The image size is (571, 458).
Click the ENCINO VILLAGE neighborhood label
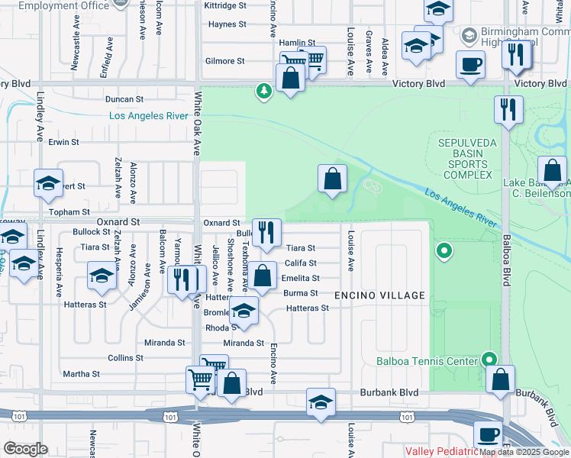(379, 295)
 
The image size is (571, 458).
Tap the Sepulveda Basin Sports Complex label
(464, 159)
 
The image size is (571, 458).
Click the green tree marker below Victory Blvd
(264, 92)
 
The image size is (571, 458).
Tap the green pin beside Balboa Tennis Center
(489, 360)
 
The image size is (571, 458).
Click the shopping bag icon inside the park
(332, 179)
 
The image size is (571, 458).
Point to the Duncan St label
(124, 99)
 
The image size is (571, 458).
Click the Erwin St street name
(63, 142)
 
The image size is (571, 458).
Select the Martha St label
(81, 374)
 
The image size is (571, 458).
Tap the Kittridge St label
(225, 5)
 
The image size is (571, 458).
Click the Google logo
(25, 449)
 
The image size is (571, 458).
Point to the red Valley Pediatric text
(440, 452)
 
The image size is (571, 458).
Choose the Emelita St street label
(302, 279)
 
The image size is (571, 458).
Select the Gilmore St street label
(224, 61)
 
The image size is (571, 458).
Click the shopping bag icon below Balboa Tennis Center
(500, 379)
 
